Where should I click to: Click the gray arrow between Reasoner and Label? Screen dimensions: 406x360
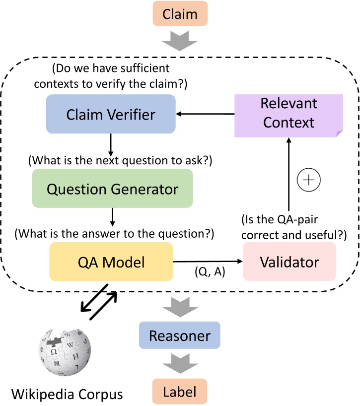(x=179, y=364)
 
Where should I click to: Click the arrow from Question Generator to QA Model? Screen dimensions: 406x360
(x=114, y=217)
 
